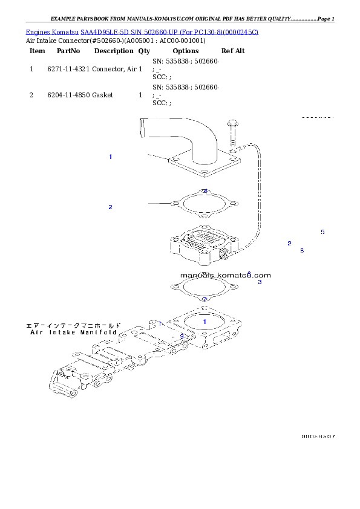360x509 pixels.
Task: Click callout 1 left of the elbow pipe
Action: [110, 157]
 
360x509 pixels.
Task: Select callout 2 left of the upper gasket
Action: [110, 207]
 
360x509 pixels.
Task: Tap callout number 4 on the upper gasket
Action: [205, 192]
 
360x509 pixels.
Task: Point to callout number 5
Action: [322, 232]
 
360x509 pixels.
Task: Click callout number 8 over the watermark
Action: [249, 274]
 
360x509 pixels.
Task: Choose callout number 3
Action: [260, 282]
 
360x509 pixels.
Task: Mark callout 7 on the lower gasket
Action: [205, 300]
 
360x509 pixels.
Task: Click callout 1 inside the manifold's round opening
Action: [205, 322]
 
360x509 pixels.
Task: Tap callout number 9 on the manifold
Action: [182, 337]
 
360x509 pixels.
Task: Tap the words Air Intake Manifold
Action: [74, 332]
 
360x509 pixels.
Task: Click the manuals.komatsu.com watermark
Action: [225, 275]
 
